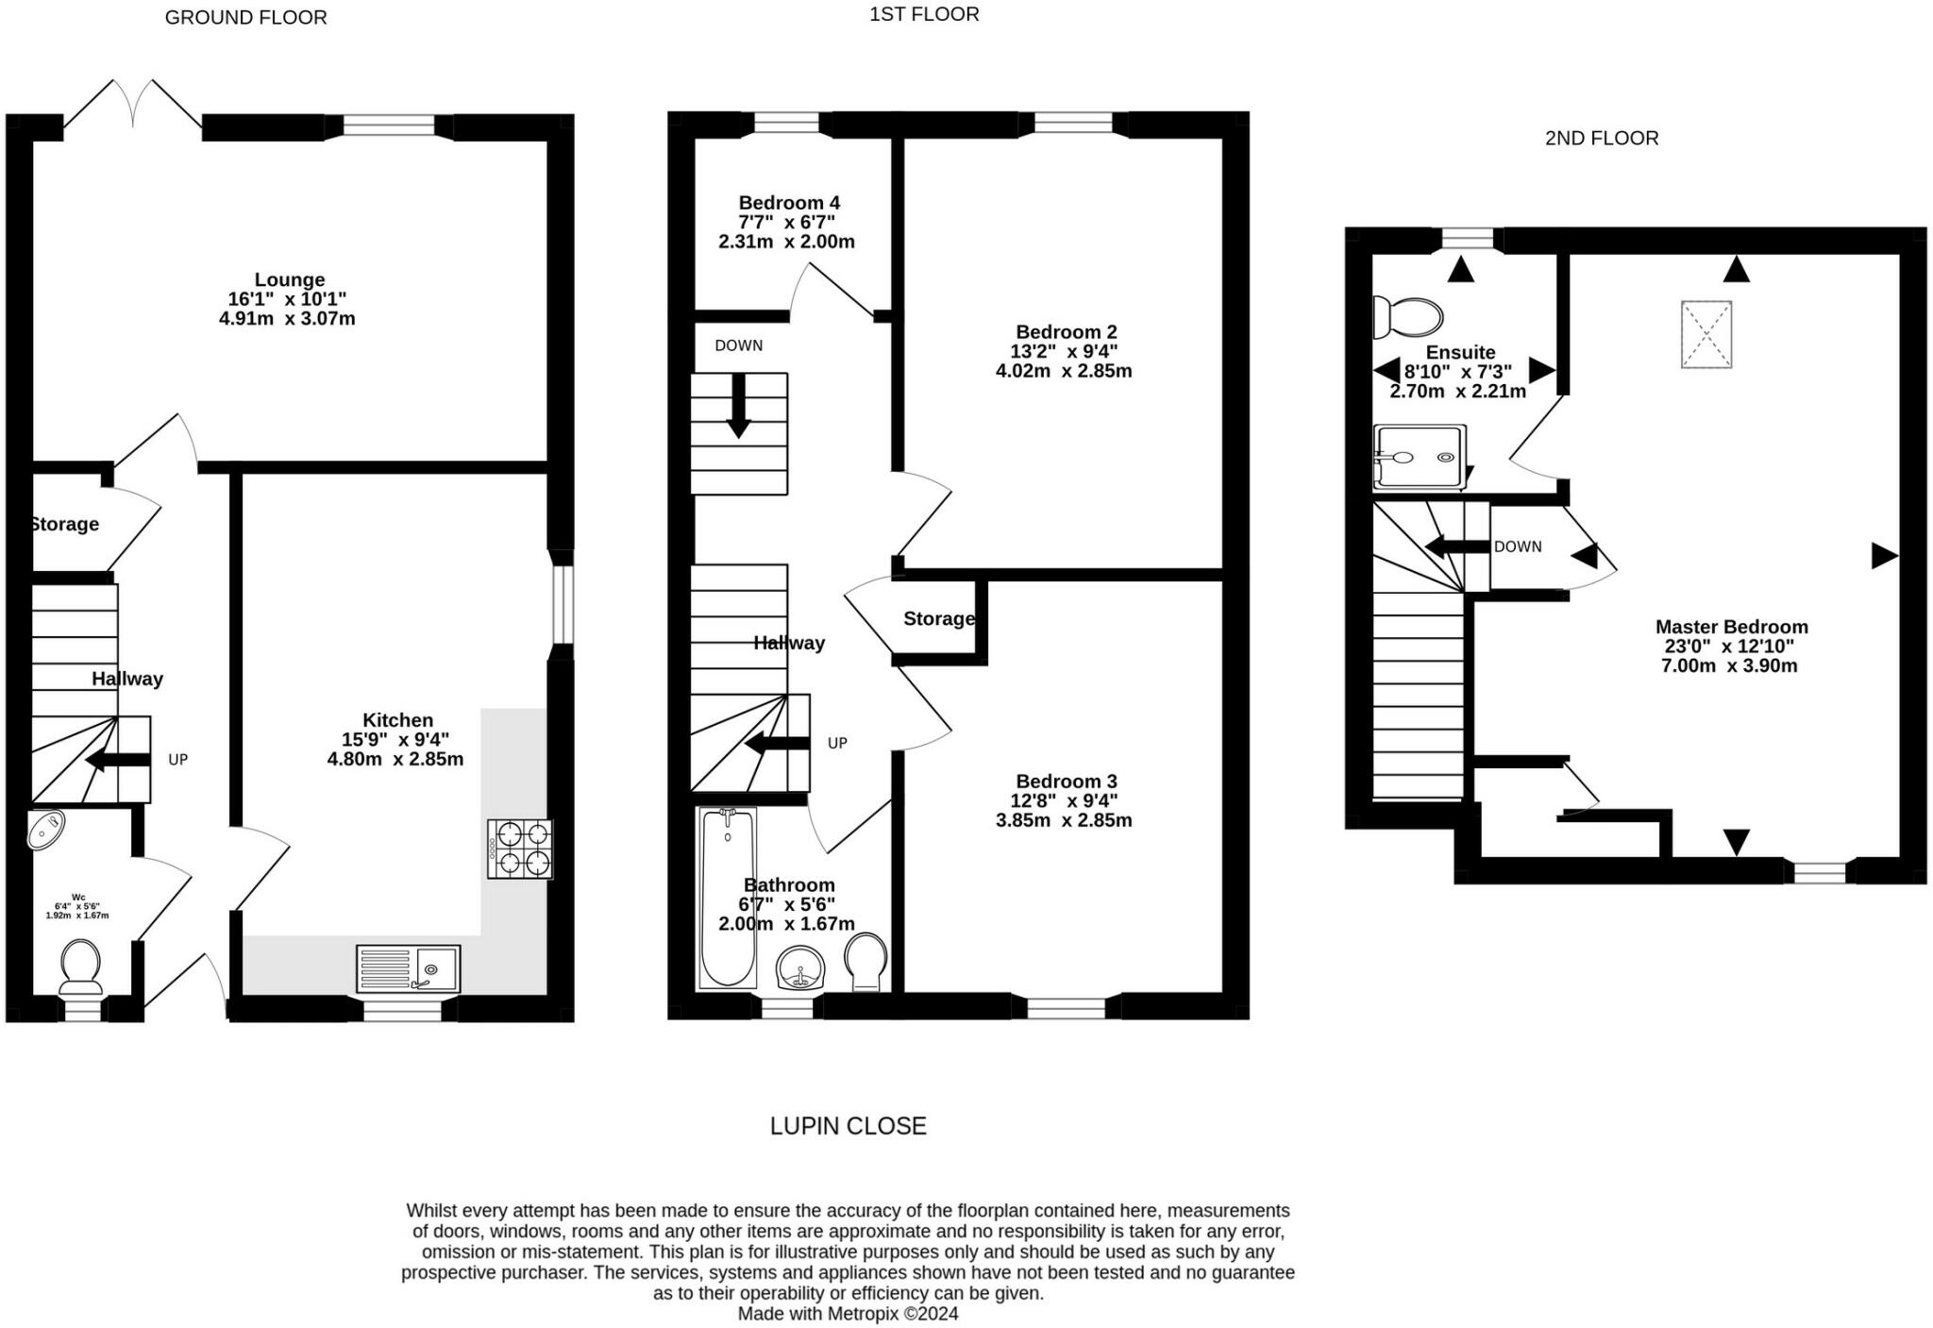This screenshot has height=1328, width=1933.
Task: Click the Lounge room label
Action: [289, 279]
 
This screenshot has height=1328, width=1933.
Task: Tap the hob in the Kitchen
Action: [520, 849]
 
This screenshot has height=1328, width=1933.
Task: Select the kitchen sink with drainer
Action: [409, 968]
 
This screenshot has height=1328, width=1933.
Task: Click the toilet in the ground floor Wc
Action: [81, 966]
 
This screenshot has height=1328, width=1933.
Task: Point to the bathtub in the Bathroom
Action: [727, 898]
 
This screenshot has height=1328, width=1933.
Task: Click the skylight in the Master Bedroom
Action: [1706, 334]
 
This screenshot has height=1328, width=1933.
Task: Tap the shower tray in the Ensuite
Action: [1420, 457]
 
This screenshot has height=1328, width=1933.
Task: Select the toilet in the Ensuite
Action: [1407, 317]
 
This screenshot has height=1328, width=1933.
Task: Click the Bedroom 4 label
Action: [789, 202]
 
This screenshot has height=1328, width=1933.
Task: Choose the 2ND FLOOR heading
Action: [1602, 138]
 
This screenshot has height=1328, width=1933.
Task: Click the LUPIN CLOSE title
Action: [849, 1125]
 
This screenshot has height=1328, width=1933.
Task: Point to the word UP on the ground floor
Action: [178, 759]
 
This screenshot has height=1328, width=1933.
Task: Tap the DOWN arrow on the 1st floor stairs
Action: [738, 406]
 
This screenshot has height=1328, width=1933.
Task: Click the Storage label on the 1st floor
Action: [939, 618]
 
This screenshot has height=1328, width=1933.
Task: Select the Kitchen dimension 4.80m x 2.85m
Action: [395, 759]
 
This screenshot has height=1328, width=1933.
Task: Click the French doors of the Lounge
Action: [133, 104]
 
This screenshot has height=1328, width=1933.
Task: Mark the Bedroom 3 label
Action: [1067, 781]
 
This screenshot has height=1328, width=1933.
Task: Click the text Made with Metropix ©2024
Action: [848, 1314]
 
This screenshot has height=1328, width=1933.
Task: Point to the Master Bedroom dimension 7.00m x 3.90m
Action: [1729, 665]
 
